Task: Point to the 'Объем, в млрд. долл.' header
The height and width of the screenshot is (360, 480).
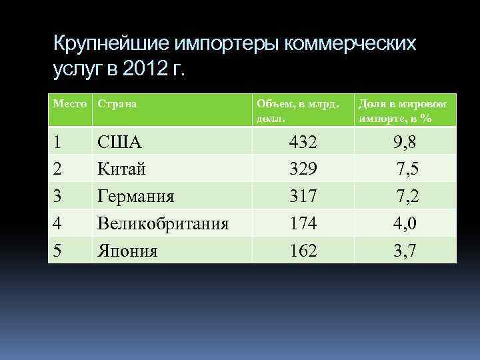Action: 297,111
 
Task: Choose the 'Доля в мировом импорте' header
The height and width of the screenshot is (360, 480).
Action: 403,111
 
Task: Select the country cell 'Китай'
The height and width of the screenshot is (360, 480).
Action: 123,169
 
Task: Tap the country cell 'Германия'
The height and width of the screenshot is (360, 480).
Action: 136,196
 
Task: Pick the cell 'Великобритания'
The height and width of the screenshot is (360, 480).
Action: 163,223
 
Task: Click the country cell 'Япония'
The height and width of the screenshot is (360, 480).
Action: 128,251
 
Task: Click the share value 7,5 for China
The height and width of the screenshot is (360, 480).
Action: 407,169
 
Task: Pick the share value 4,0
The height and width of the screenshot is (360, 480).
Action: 405,223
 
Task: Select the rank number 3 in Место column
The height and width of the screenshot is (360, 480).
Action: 57,196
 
